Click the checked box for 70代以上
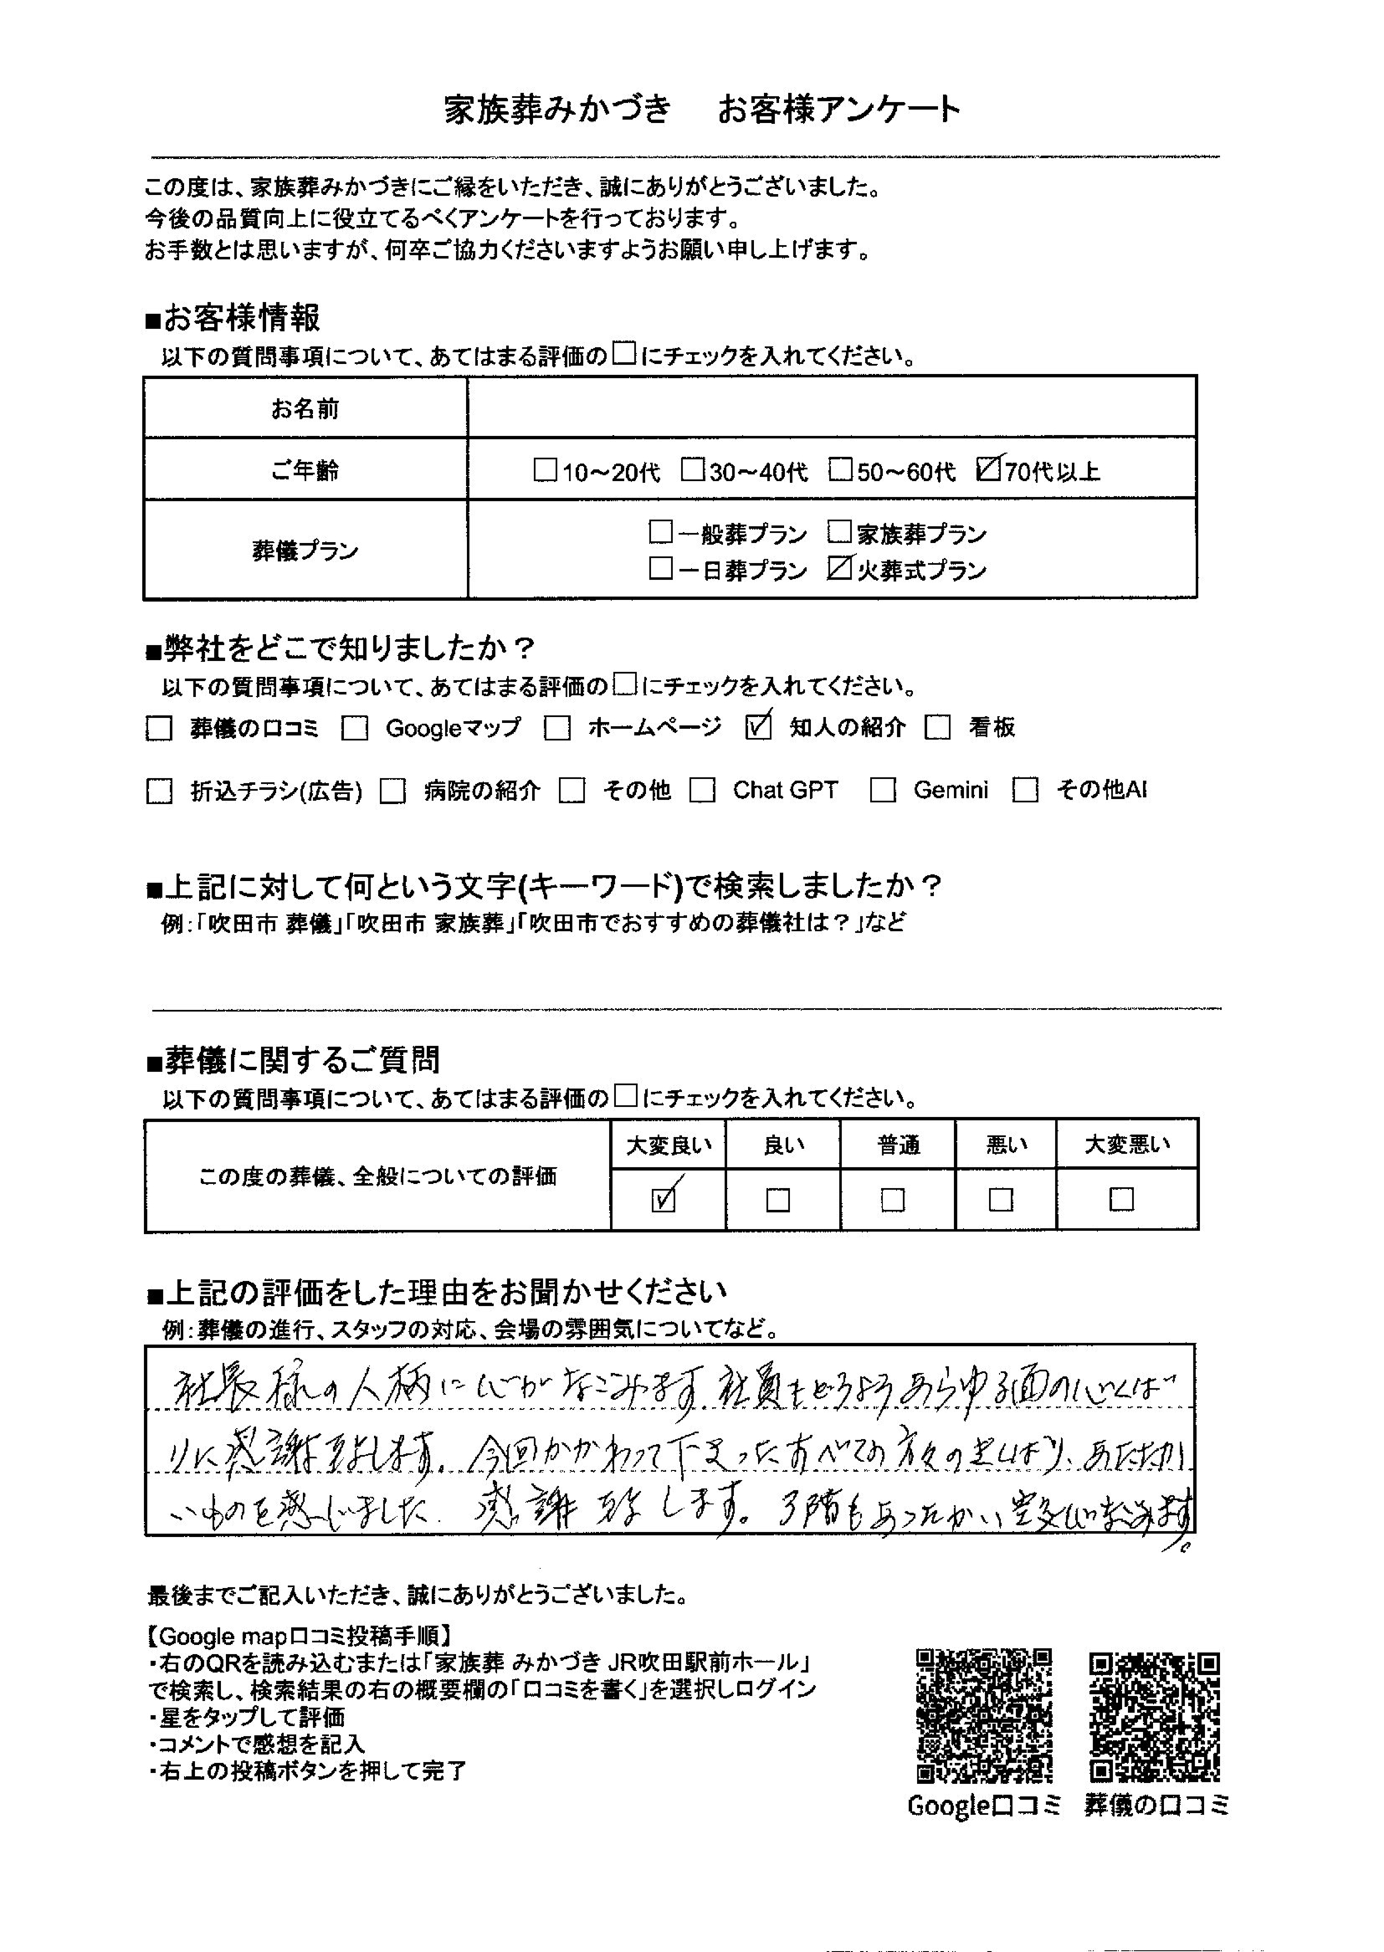pyautogui.click(x=988, y=470)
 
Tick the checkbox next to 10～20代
pyautogui.click(x=545, y=470)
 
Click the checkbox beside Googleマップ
pyautogui.click(x=355, y=729)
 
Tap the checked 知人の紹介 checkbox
pyautogui.click(x=757, y=727)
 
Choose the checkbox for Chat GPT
pyautogui.click(x=703, y=791)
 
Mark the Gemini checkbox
pyautogui.click(x=883, y=791)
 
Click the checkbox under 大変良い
pyautogui.click(x=664, y=1200)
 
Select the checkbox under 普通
pyautogui.click(x=893, y=1200)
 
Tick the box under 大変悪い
pyautogui.click(x=1121, y=1200)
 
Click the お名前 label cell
pyautogui.click(x=305, y=409)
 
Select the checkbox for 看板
pyautogui.click(x=938, y=729)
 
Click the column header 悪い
pyautogui.click(x=1007, y=1145)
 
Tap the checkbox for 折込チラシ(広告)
pyautogui.click(x=159, y=792)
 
